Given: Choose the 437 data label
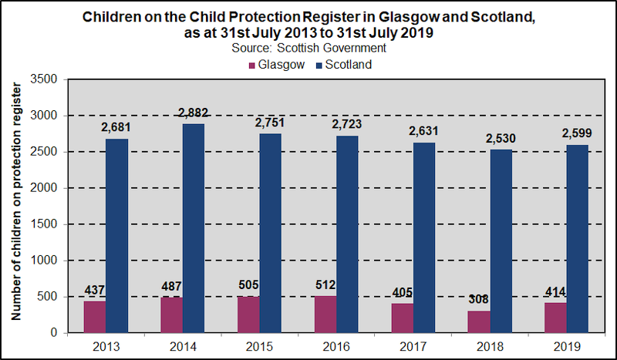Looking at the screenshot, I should click(x=95, y=291).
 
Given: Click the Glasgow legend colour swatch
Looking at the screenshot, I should click(x=252, y=65).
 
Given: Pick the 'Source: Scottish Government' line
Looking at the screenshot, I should click(x=308, y=48).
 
